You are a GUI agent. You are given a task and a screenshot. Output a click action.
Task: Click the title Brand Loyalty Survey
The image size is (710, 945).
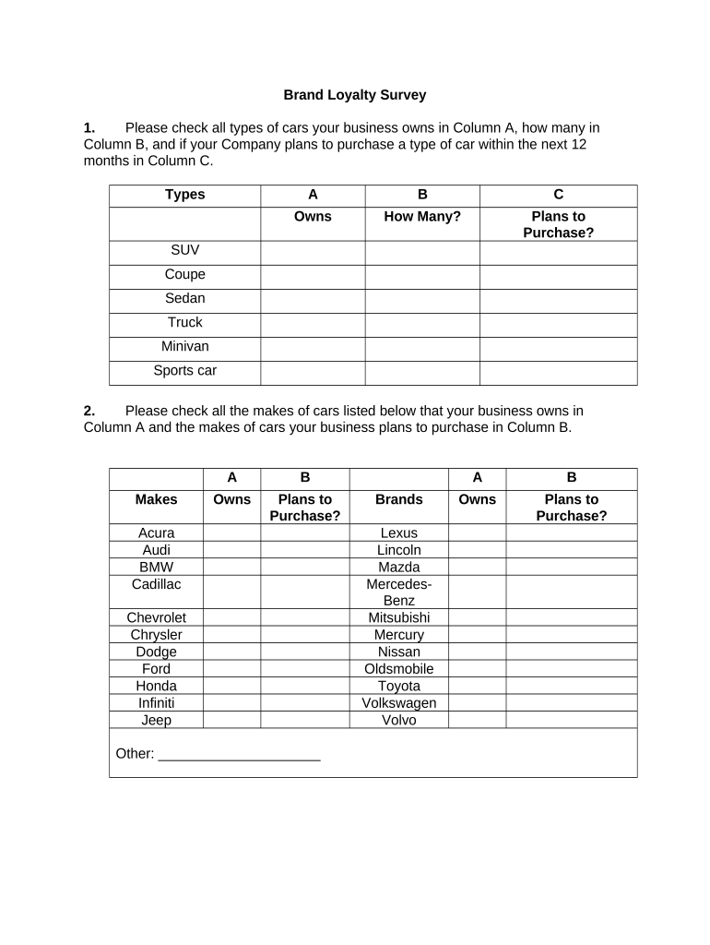pyautogui.click(x=354, y=95)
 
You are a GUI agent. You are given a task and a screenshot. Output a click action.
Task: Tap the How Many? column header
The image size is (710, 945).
pyautogui.click(x=421, y=217)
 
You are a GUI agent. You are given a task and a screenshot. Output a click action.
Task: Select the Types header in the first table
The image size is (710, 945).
pyautogui.click(x=184, y=195)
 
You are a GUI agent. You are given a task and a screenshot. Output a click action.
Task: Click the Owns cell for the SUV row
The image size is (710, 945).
pyautogui.click(x=313, y=252)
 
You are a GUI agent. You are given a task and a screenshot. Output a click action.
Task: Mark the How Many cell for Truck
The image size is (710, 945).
pyautogui.click(x=421, y=324)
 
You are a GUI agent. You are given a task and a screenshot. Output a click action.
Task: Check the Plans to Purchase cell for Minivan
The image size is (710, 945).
pyautogui.click(x=558, y=348)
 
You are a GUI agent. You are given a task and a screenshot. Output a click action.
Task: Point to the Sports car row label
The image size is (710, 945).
pyautogui.click(x=184, y=371)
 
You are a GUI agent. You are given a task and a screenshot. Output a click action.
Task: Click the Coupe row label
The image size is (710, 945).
pyautogui.click(x=184, y=275)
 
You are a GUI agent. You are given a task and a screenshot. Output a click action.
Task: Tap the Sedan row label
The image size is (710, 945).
pyautogui.click(x=184, y=299)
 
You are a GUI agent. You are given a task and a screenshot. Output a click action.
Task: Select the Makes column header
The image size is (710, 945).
pyautogui.click(x=156, y=499)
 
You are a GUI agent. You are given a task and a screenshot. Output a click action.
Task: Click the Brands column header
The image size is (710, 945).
pyautogui.click(x=398, y=499)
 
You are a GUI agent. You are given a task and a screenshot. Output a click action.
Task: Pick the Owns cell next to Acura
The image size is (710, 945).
pyautogui.click(x=231, y=532)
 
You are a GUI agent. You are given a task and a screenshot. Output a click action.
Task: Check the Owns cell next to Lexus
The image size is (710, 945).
pyautogui.click(x=477, y=532)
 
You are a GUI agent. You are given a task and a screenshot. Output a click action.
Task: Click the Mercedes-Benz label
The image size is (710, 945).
pyautogui.click(x=398, y=592)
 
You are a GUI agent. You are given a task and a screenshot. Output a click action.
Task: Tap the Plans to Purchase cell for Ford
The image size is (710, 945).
pyautogui.click(x=304, y=669)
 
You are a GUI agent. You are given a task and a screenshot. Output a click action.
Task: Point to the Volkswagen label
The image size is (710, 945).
pyautogui.click(x=398, y=703)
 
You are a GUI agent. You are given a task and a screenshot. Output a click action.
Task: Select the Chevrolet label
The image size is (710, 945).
pyautogui.click(x=156, y=617)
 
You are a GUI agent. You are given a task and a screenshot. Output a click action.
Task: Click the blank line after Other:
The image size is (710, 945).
pyautogui.click(x=239, y=755)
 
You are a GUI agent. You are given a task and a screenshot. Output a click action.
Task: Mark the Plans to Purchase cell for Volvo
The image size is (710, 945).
pyautogui.click(x=571, y=720)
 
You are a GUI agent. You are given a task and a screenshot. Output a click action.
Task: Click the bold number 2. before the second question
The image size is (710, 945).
pyautogui.click(x=89, y=411)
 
